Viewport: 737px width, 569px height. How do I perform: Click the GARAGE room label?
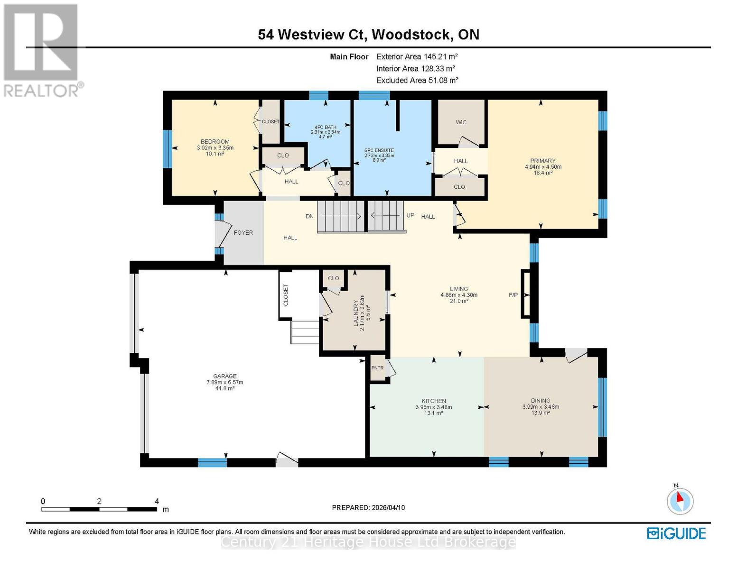(x=224, y=376)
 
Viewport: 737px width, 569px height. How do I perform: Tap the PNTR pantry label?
(x=377, y=367)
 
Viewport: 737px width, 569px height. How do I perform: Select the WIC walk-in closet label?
(x=461, y=122)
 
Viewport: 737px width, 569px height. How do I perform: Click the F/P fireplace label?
(x=513, y=295)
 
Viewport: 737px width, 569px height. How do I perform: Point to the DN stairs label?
(x=309, y=216)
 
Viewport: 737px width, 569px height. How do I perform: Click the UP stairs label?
(x=410, y=215)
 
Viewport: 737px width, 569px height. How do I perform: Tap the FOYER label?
(x=243, y=233)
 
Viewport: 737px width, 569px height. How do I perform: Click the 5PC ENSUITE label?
(x=379, y=150)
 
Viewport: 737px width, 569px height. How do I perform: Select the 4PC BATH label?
(x=326, y=127)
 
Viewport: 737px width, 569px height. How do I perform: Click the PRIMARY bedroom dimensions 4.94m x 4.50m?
(x=543, y=167)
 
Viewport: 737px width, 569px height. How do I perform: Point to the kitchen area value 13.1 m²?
(x=433, y=413)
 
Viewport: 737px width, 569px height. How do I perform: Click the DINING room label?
(x=541, y=401)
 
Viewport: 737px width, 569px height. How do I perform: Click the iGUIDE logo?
(x=676, y=533)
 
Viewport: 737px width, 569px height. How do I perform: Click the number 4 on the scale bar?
(x=157, y=501)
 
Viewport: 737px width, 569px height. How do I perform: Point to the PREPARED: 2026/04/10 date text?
(x=368, y=507)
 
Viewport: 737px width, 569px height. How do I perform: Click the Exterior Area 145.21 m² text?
(x=417, y=56)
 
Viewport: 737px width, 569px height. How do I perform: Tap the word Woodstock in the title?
(x=411, y=35)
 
